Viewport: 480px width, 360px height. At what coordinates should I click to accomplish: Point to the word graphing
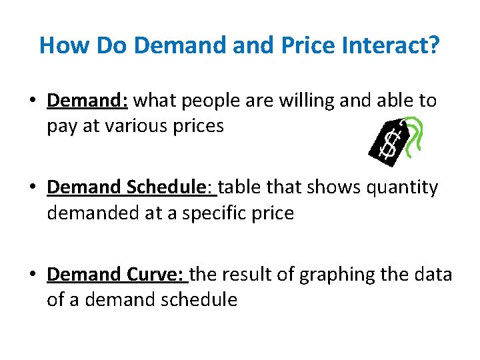(332, 274)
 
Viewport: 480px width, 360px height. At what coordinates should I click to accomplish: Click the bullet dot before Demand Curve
(32, 275)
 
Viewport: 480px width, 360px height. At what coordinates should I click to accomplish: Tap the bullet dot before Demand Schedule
(32, 188)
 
